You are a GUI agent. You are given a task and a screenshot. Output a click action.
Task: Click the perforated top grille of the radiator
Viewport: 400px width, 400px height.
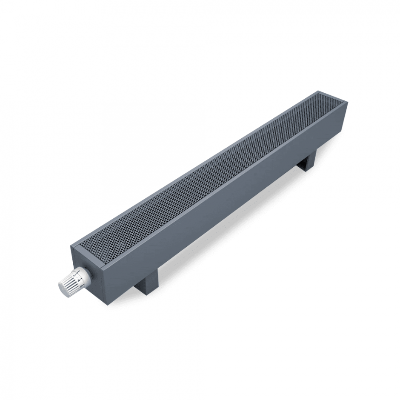click(x=213, y=170)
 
